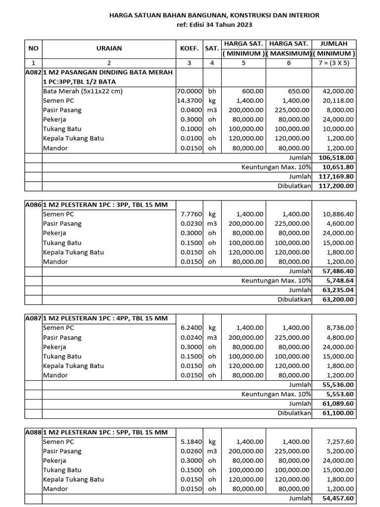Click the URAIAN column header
point(109,49)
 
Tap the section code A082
point(33,72)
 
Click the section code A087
point(33,318)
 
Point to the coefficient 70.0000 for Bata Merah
point(190,91)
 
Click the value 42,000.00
point(338,91)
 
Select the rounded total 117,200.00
point(336,186)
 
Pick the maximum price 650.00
point(298,91)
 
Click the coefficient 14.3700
point(190,101)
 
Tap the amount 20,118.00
point(338,101)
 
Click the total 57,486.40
point(338,271)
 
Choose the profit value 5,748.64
point(340,281)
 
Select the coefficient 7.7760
point(191,214)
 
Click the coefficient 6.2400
point(191,328)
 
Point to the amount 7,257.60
point(340,442)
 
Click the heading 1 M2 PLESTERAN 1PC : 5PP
point(105,432)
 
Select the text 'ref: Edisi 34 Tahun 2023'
point(214,25)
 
